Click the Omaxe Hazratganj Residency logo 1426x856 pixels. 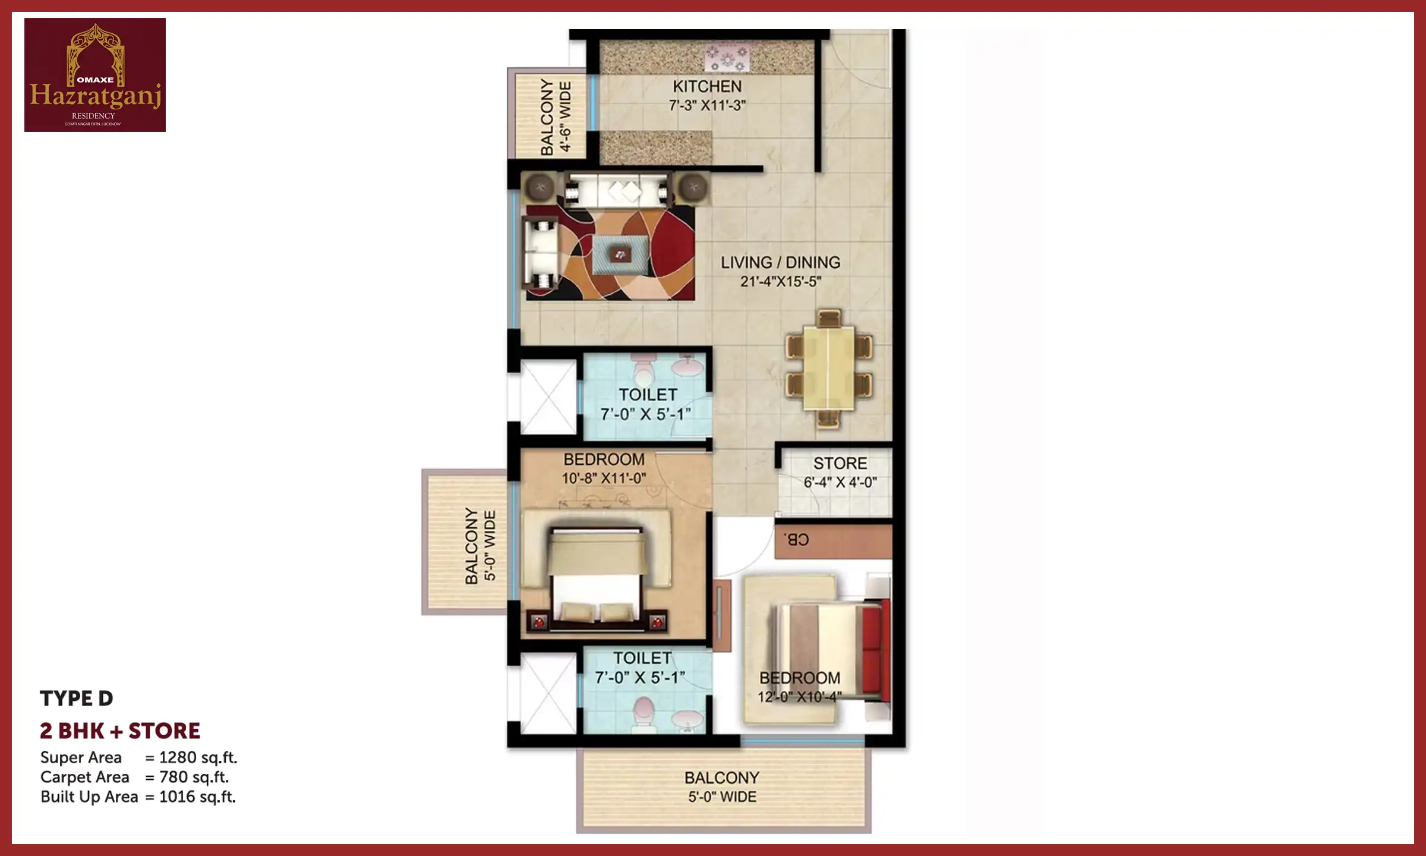[x=95, y=75]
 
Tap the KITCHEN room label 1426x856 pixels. [x=707, y=87]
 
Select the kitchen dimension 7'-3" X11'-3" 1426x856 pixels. [x=707, y=106]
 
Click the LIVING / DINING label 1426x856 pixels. [x=780, y=263]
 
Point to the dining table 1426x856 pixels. [x=829, y=369]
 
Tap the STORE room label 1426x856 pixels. [x=840, y=464]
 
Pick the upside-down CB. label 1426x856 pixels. [x=796, y=540]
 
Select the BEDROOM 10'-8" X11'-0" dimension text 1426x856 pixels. [x=604, y=478]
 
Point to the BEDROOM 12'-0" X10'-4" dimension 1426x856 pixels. [x=799, y=697]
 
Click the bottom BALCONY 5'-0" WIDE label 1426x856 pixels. [x=722, y=787]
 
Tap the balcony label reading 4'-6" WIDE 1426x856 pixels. [x=565, y=117]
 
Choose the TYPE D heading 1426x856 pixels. [x=77, y=698]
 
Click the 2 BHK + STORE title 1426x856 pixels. [x=120, y=731]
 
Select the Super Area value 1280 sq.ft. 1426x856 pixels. [x=198, y=758]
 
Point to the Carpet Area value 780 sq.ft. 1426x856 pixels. [x=194, y=778]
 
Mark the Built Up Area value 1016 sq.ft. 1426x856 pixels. [x=197, y=797]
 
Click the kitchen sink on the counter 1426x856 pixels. [x=727, y=58]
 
